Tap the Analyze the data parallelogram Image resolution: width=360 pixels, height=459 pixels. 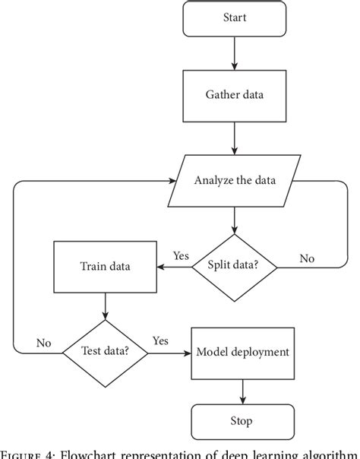(x=235, y=180)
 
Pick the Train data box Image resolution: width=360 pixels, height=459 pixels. (x=106, y=267)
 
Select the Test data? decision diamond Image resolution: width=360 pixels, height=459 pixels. (x=106, y=351)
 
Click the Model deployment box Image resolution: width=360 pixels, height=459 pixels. (x=242, y=352)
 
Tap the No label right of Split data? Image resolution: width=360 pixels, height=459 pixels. (x=306, y=258)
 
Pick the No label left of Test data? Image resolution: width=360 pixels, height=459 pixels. (x=43, y=343)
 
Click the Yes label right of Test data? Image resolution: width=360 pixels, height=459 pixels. (x=160, y=340)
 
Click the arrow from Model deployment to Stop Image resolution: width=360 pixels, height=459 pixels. (x=242, y=391)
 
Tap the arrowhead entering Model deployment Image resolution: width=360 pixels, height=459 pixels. (x=187, y=352)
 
